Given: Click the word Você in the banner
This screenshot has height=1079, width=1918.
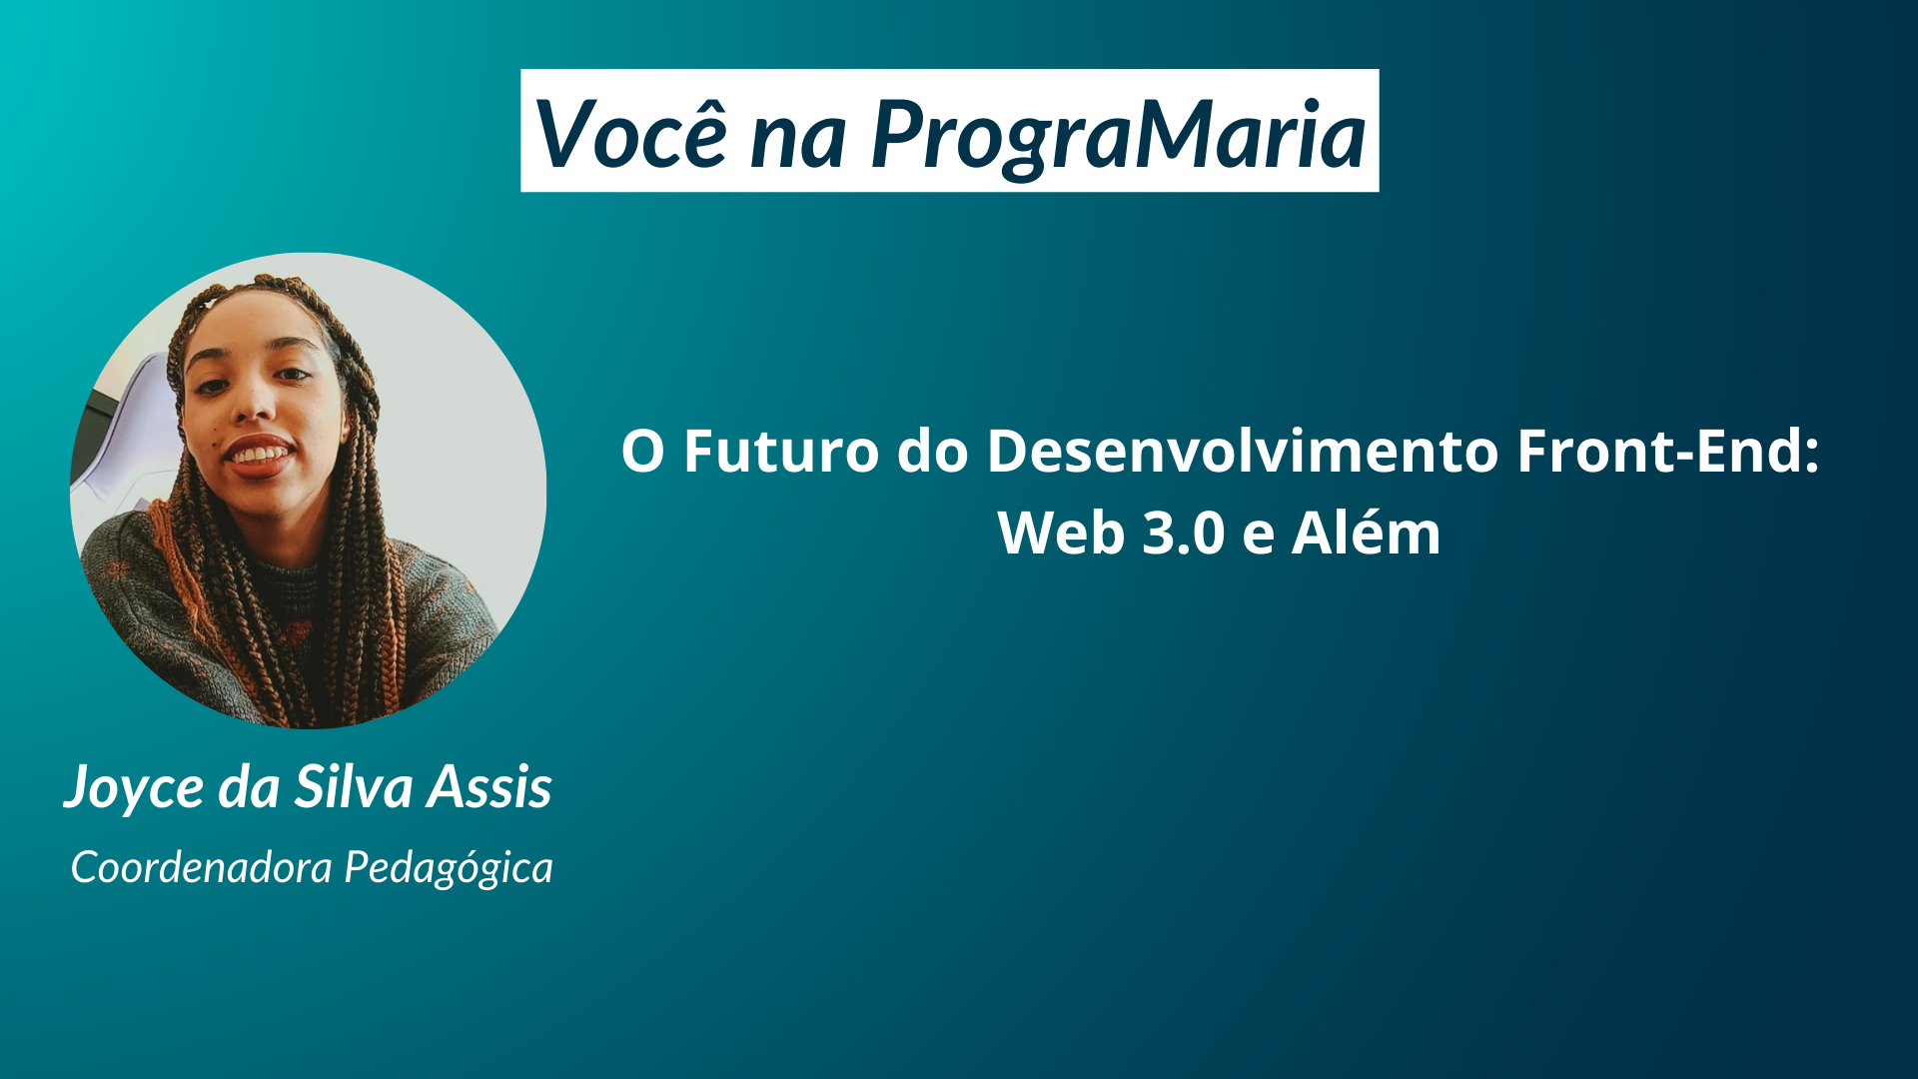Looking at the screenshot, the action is click(631, 133).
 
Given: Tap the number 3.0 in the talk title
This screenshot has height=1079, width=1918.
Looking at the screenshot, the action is click(1184, 533).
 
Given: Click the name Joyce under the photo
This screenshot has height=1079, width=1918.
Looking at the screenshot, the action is click(135, 788).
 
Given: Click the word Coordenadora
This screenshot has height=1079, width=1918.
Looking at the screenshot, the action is click(201, 866).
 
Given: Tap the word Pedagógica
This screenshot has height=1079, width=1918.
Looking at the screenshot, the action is click(449, 868).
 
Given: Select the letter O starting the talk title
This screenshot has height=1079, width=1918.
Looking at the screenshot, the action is click(643, 451).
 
